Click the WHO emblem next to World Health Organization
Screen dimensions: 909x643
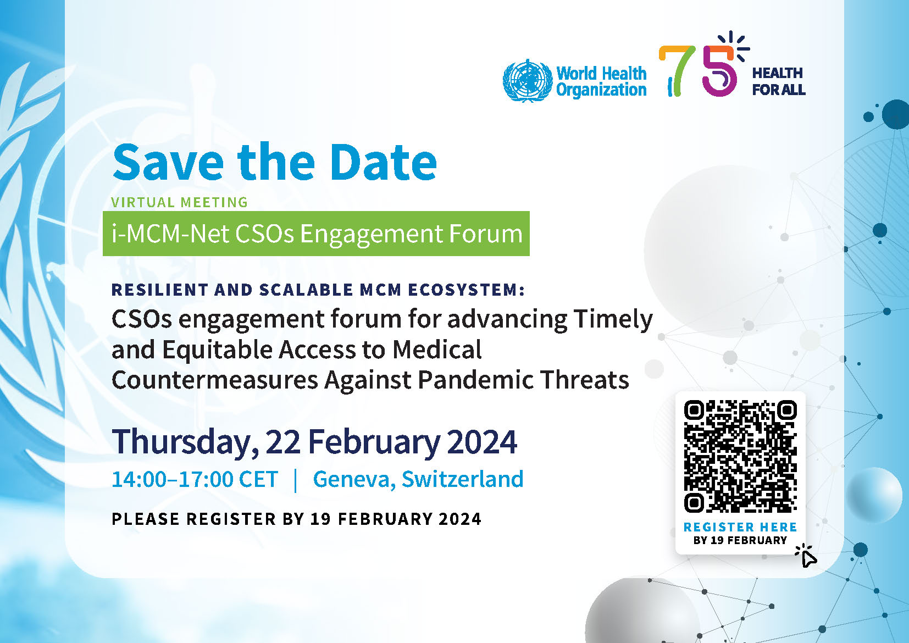click(x=528, y=80)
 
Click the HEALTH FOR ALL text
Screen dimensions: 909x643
click(x=779, y=81)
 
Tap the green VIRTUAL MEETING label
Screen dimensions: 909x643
click(x=179, y=202)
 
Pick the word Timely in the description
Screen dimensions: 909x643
click(x=613, y=320)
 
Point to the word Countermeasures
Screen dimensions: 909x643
click(x=215, y=380)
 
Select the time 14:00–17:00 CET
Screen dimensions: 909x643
click(x=195, y=479)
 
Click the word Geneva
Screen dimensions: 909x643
click(x=354, y=480)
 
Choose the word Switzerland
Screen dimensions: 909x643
click(x=463, y=479)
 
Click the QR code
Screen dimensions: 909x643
click(x=741, y=456)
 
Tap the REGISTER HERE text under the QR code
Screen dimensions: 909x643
click(x=741, y=527)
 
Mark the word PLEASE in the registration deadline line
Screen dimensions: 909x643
click(x=145, y=519)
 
